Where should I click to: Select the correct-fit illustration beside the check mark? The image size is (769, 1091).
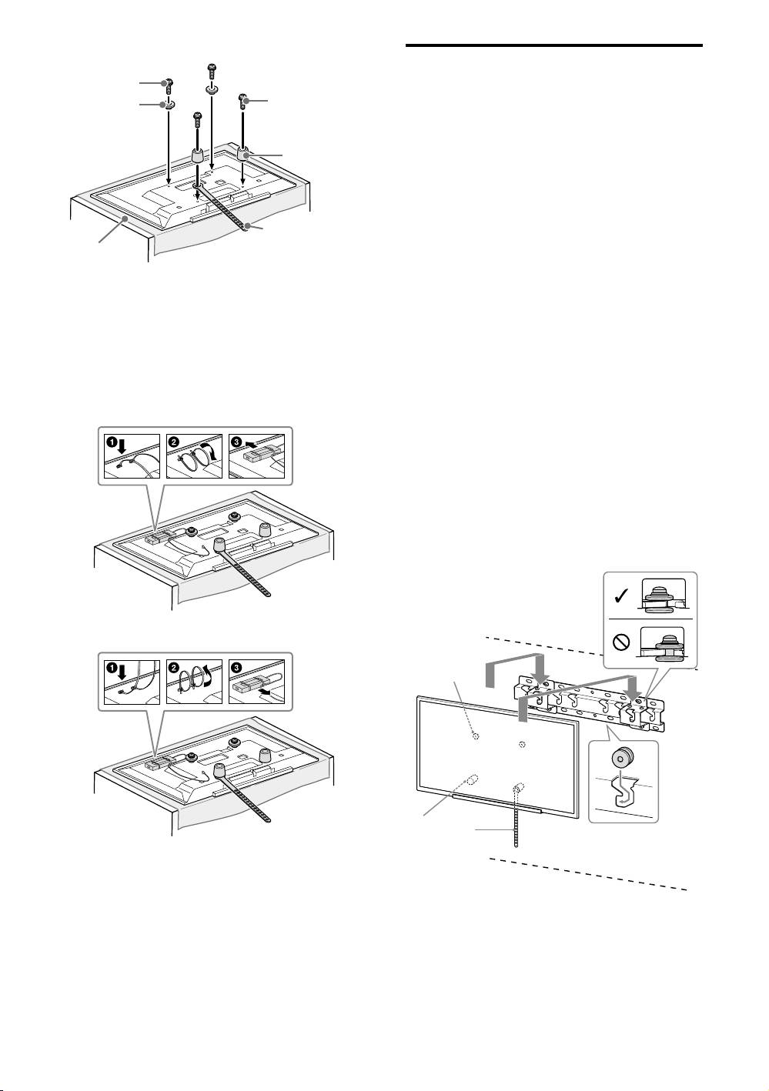tap(663, 595)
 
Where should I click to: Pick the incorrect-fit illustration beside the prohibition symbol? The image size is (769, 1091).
tap(663, 640)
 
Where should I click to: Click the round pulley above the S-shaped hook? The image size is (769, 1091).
tap(620, 759)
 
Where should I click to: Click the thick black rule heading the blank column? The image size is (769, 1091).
tap(553, 46)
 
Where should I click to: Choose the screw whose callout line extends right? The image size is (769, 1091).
tap(244, 99)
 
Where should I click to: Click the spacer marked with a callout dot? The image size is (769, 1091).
tap(246, 154)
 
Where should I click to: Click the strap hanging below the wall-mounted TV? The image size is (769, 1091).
tap(517, 823)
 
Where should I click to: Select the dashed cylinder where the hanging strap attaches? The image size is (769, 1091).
tap(518, 787)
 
